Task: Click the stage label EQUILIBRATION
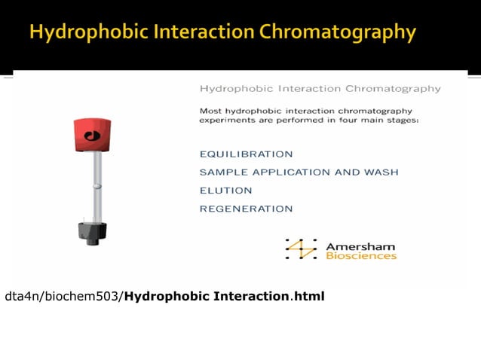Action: [x=246, y=154]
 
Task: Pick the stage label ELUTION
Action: [x=220, y=191]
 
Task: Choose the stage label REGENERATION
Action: [x=246, y=209]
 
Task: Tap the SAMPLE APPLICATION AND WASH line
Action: [x=299, y=172]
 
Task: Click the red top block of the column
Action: [x=92, y=134]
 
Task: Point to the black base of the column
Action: [x=93, y=232]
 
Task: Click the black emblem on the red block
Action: [x=93, y=136]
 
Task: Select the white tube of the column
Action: [x=97, y=185]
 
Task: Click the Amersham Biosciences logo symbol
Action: [x=302, y=249]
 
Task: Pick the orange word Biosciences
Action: [x=361, y=256]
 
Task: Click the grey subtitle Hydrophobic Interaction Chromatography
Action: [x=320, y=89]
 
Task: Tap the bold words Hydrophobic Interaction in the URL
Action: [x=207, y=296]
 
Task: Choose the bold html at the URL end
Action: [x=309, y=296]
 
